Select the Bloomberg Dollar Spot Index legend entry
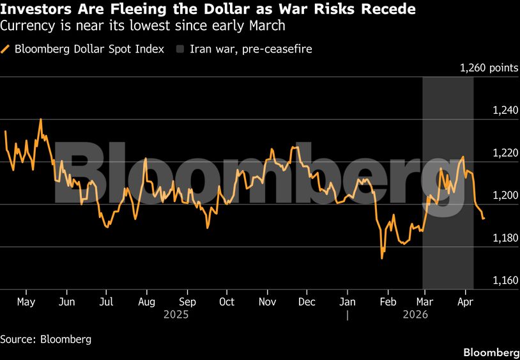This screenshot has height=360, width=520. pos(89,49)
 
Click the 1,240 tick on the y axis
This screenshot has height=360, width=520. pos(505,111)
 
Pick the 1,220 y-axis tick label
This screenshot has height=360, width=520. pos(505,153)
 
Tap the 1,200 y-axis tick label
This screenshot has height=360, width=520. pos(505,196)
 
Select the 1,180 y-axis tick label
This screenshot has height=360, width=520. pos(505,238)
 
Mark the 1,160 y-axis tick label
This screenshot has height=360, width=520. pos(505,280)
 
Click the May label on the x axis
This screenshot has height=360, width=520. pos(26,302)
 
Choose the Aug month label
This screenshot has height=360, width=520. pos(146,302)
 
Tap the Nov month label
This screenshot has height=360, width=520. pos(267,302)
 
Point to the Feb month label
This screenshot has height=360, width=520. pos(388,302)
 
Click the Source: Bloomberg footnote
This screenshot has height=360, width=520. pos(45,339)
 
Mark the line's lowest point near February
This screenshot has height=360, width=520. pos(382,258)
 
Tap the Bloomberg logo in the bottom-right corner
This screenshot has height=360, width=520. pos(491,352)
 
